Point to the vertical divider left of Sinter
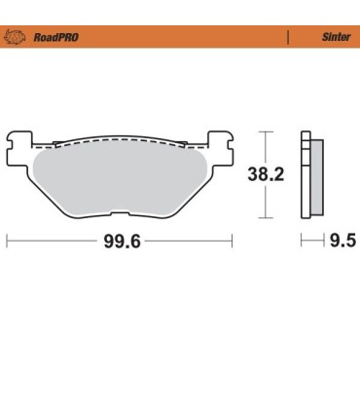tap(287, 36)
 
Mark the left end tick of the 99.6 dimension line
tap(8, 241)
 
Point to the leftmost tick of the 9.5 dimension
tap(303, 241)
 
